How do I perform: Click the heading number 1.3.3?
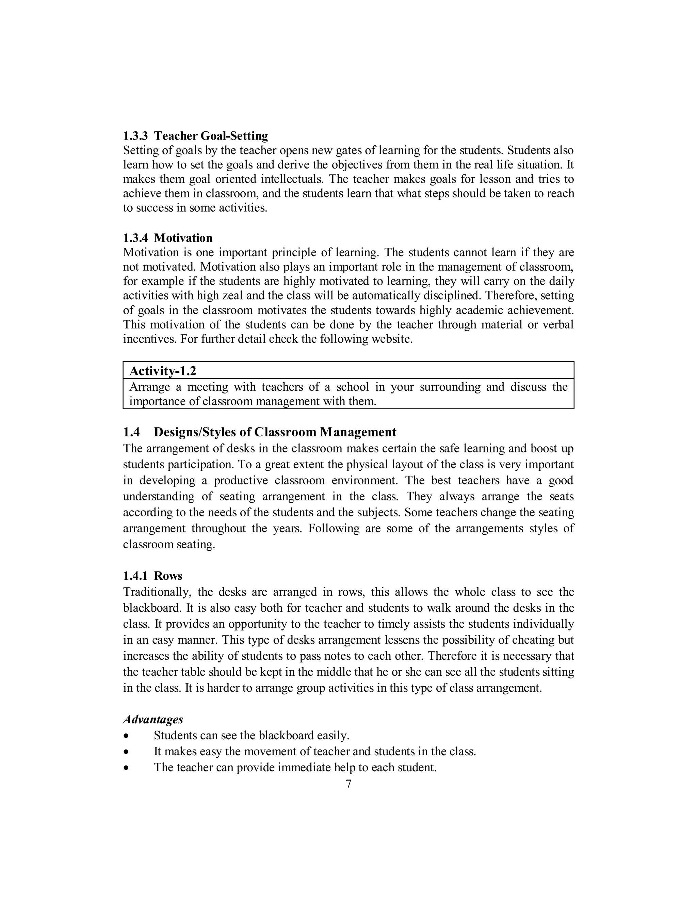pyautogui.click(x=135, y=136)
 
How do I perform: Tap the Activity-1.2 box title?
pyautogui.click(x=163, y=371)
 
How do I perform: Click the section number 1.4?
pyautogui.click(x=131, y=432)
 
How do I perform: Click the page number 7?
pyautogui.click(x=348, y=784)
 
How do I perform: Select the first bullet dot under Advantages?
pyautogui.click(x=126, y=736)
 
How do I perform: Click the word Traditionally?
pyautogui.click(x=157, y=592)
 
